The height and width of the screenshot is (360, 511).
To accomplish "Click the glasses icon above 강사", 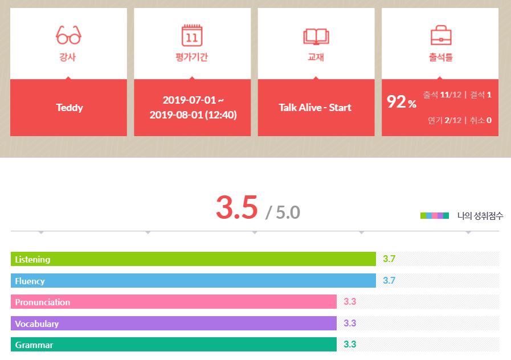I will pyautogui.click(x=68, y=35).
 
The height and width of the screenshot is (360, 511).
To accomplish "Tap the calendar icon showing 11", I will pyautogui.click(x=192, y=35).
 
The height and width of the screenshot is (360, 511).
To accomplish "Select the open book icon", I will pyautogui.click(x=316, y=36).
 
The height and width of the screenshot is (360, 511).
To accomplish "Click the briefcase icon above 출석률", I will pyautogui.click(x=440, y=35).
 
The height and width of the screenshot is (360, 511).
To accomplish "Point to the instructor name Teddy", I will pyautogui.click(x=69, y=108).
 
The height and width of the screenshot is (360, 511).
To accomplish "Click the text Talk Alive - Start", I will pyautogui.click(x=315, y=108).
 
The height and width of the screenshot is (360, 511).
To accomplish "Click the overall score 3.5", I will pyautogui.click(x=236, y=208).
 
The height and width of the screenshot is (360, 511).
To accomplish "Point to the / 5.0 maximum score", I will pyautogui.click(x=283, y=212).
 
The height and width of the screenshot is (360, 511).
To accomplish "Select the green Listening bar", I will pyautogui.click(x=193, y=259).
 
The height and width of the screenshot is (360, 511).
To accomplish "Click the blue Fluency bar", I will pyautogui.click(x=193, y=281).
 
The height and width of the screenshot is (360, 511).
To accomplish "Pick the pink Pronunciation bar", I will pyautogui.click(x=174, y=302).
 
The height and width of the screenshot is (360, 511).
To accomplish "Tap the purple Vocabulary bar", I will pyautogui.click(x=174, y=324).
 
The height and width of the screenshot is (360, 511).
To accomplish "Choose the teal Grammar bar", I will pyautogui.click(x=174, y=345).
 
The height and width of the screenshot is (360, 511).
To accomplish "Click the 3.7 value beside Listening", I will pyautogui.click(x=389, y=259).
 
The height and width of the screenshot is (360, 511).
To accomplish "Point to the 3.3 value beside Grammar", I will pyautogui.click(x=350, y=345).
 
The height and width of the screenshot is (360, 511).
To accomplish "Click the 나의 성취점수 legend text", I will pyautogui.click(x=480, y=216).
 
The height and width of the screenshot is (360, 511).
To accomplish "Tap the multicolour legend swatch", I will pyautogui.click(x=435, y=216).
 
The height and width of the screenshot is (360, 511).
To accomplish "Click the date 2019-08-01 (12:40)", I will pyautogui.click(x=193, y=115).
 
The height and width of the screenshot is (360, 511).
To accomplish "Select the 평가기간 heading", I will pyautogui.click(x=192, y=58).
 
